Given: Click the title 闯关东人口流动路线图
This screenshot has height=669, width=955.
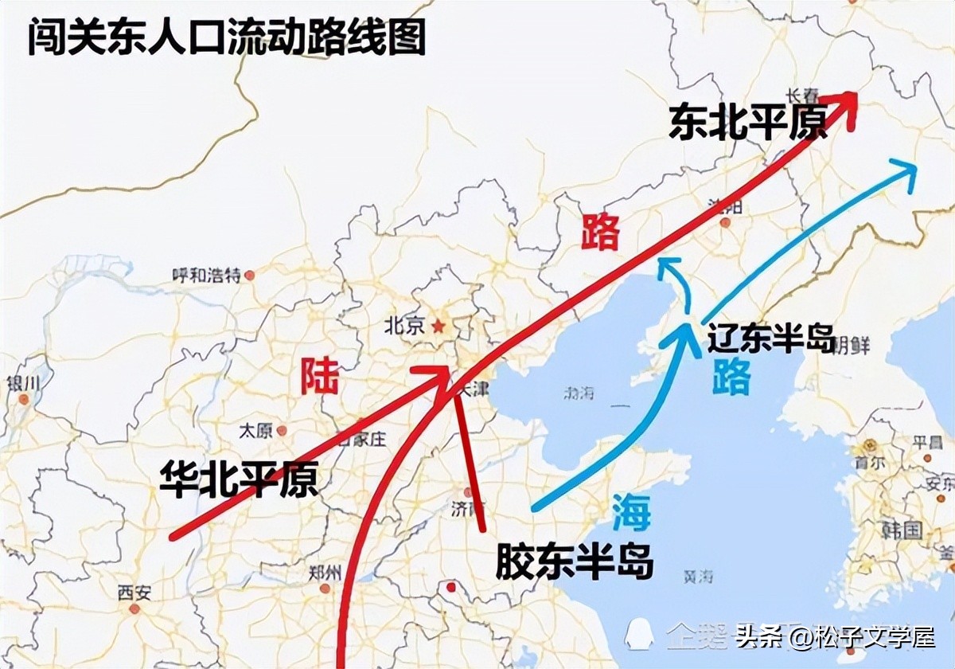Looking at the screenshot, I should (227, 37).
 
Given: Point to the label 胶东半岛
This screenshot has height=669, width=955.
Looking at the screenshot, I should (574, 562).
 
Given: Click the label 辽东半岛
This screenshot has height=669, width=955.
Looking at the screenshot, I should (770, 340).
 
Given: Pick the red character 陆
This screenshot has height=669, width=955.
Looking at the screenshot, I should (319, 377).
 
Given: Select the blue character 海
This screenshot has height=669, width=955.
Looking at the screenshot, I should (631, 511).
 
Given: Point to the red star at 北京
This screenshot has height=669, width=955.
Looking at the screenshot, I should (437, 326).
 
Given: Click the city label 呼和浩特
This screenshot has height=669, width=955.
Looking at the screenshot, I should (206, 276).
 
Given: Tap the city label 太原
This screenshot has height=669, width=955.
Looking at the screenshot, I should (255, 431).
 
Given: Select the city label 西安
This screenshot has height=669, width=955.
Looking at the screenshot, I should (133, 593).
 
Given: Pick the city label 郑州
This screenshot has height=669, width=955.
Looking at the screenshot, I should (325, 573).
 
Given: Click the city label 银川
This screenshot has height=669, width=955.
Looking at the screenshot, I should (22, 383).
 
